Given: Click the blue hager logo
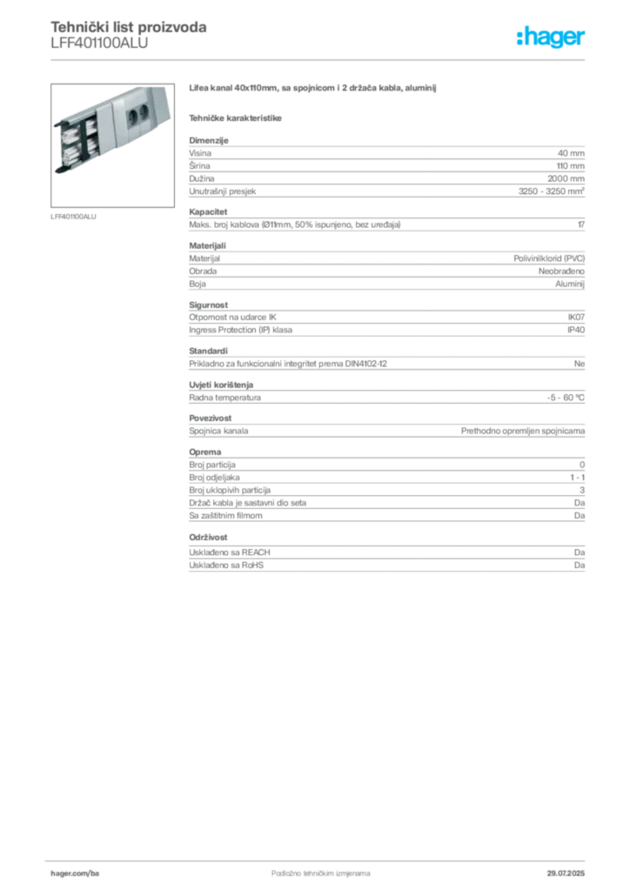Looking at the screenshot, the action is point(552,38).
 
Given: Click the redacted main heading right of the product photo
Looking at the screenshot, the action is point(311,88).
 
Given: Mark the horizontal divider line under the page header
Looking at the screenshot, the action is point(320,61).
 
